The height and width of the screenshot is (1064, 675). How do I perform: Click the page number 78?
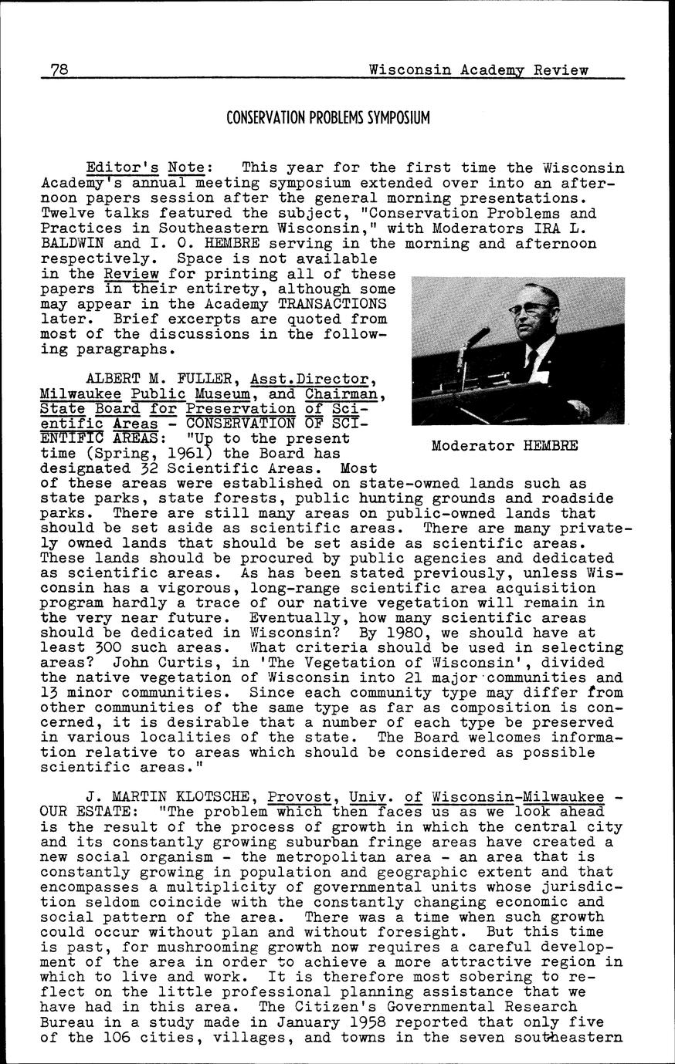pyautogui.click(x=59, y=70)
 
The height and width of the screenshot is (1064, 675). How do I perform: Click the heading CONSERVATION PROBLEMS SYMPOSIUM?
pyautogui.click(x=328, y=118)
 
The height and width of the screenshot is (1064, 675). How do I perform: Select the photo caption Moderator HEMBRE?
pyautogui.click(x=504, y=446)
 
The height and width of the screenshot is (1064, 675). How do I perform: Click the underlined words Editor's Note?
pyautogui.click(x=144, y=167)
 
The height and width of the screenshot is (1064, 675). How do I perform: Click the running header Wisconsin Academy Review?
pyautogui.click(x=478, y=70)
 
